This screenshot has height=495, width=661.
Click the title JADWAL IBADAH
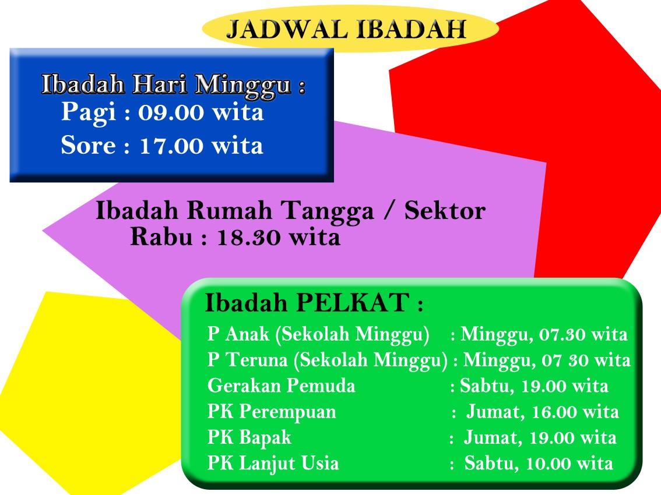(346, 29)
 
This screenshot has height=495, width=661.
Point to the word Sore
(88, 146)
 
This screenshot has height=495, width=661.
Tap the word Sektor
(445, 211)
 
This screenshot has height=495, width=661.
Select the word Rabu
(161, 237)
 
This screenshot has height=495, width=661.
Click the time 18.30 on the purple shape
(249, 238)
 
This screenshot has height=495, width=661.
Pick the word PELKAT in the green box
(353, 302)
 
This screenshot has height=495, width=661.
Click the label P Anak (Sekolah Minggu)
(318, 334)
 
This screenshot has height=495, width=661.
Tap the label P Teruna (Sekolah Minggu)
(328, 360)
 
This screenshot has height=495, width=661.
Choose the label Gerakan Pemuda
(281, 386)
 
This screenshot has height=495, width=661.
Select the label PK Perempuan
(272, 412)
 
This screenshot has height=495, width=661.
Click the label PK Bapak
(249, 438)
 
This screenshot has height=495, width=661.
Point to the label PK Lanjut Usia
(273, 464)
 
